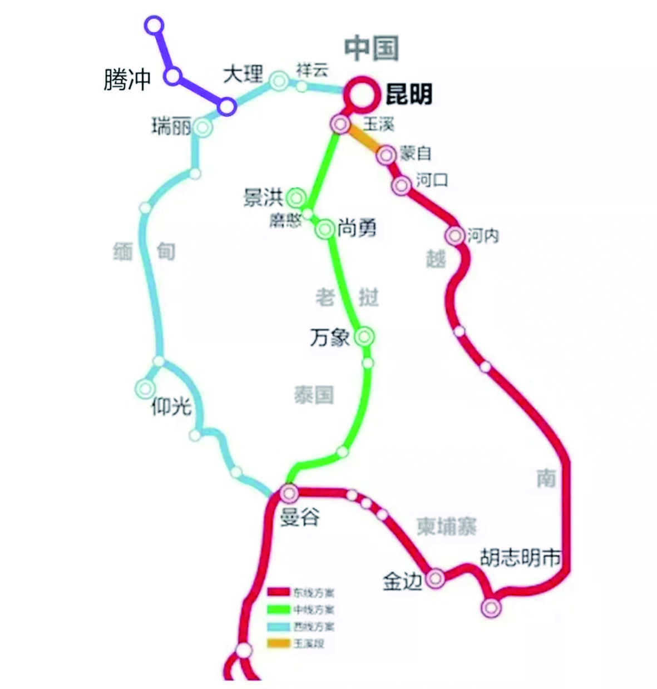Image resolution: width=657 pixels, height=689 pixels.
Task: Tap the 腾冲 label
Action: coord(127,80)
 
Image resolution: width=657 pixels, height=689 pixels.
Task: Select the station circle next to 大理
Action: coord(279,81)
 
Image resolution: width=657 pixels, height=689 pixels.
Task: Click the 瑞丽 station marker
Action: coord(202,127)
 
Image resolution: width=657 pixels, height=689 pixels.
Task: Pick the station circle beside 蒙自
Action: coord(386,155)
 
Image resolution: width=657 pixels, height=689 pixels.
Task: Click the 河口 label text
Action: coord(432,180)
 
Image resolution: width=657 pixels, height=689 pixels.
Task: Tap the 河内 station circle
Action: coord(456,236)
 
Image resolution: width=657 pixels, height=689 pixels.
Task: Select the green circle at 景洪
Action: coord(297,197)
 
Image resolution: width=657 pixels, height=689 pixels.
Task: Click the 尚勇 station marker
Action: coord(325,229)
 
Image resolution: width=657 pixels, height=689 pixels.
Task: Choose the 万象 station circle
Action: coord(364,336)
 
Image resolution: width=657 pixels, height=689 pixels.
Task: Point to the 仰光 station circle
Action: coord(146,388)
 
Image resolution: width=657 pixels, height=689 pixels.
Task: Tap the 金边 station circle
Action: coord(435,578)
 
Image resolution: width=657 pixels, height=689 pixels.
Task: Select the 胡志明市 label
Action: coord(520,558)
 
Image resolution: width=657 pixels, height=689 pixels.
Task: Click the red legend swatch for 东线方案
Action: coord(279,593)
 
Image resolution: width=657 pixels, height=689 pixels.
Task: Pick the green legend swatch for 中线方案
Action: coord(279,609)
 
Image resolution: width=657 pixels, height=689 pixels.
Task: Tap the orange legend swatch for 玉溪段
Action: coord(279,643)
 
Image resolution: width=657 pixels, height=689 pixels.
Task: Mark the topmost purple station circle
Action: coord(154,26)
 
